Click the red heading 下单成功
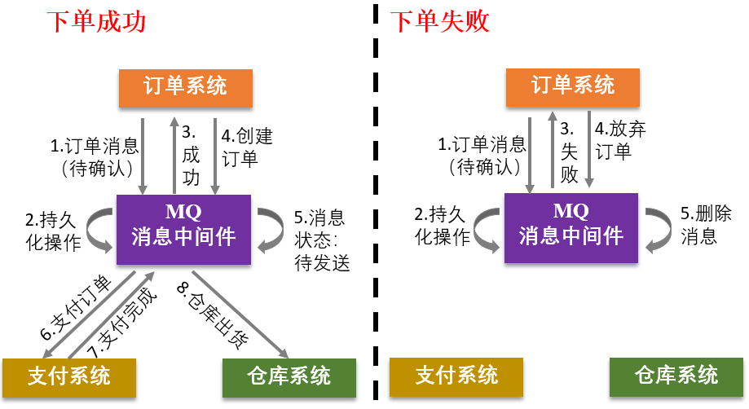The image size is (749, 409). point(95,21)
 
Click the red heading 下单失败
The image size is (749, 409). point(440,21)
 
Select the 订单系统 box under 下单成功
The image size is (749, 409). point(186,86)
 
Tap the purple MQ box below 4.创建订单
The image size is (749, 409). point(184,229)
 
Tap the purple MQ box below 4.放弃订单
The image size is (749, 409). point(571,229)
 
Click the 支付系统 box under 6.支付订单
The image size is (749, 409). point(68,376)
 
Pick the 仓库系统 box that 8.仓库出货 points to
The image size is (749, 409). point(289,376)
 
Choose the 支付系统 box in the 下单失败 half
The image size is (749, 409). point(456,376)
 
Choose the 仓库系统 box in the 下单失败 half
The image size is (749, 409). point(676,376)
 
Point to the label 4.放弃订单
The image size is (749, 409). point(620,140)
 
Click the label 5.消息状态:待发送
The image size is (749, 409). point(321,240)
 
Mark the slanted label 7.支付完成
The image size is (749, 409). point(121,322)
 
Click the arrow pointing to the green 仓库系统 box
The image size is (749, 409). point(241,314)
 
